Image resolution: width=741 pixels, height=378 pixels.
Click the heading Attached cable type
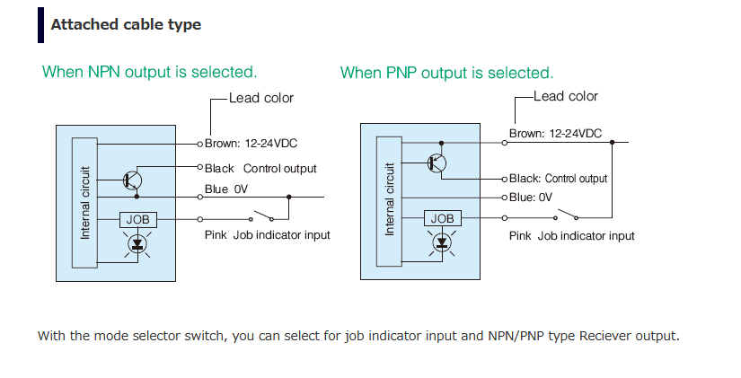(126, 25)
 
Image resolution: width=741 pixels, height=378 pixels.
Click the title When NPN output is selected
(150, 72)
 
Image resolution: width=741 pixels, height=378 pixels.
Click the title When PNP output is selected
(446, 73)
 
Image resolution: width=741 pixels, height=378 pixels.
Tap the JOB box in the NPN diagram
(137, 218)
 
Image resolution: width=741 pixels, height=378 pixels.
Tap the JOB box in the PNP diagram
(443, 218)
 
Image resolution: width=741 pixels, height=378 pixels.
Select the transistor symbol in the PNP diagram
(438, 163)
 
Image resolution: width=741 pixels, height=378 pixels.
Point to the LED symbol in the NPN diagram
(137, 243)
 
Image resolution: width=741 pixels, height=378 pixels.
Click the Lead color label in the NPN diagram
(261, 98)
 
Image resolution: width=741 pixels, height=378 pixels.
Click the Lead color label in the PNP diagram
(566, 97)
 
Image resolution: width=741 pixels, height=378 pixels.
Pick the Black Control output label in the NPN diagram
(260, 168)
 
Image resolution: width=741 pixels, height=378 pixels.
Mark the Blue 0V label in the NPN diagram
(226, 189)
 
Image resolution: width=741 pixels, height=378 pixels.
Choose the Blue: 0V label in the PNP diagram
(531, 197)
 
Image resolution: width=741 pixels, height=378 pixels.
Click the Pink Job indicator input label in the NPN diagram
(267, 235)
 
